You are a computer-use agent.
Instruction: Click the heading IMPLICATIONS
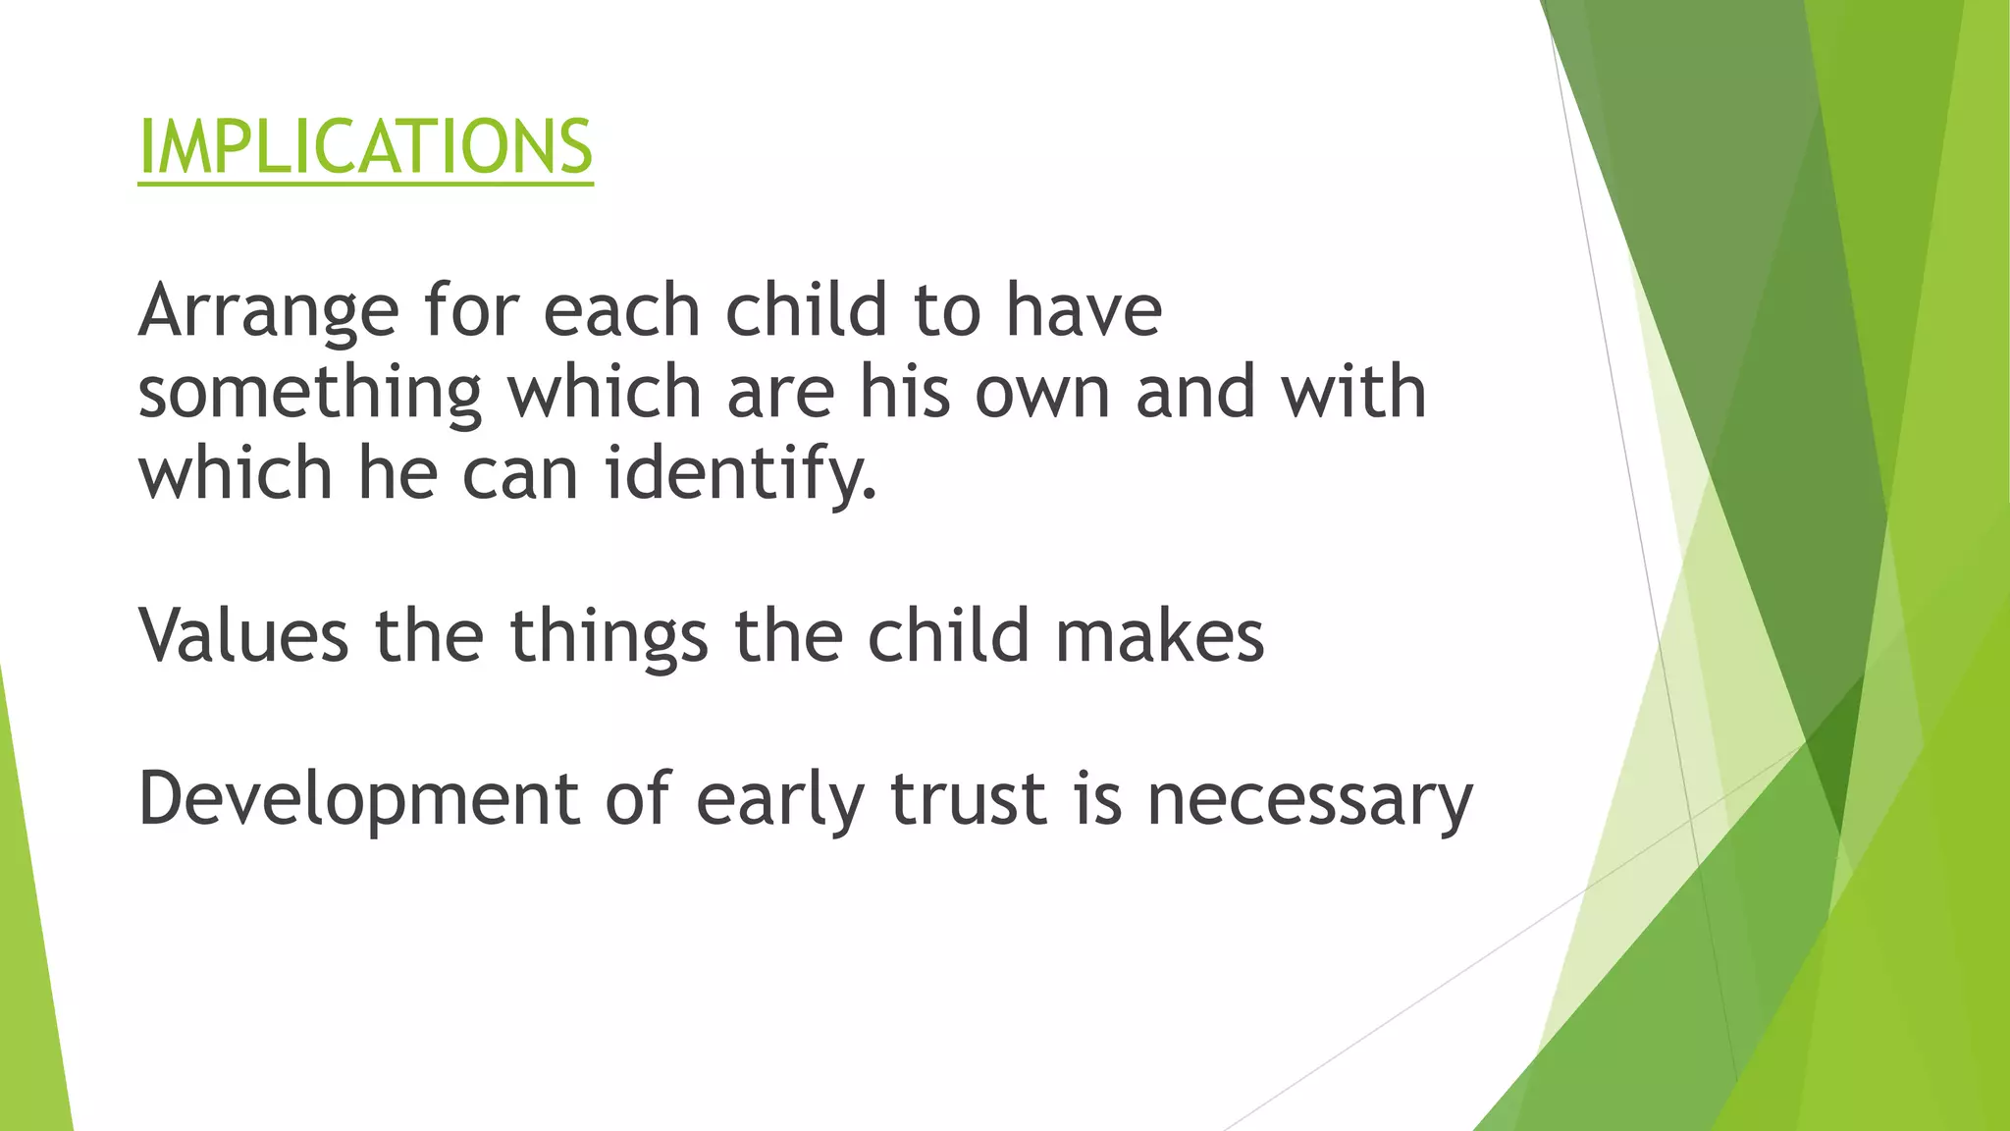click(365, 147)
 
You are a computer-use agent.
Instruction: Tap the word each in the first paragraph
click(621, 310)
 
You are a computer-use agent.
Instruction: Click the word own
click(1042, 393)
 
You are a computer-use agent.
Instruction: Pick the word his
click(905, 392)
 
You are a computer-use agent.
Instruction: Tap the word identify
click(740, 475)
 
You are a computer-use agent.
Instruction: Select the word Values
click(243, 636)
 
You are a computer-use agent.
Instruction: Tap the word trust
click(968, 799)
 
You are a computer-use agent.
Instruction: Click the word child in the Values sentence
click(948, 636)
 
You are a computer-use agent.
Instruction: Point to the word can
click(519, 475)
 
